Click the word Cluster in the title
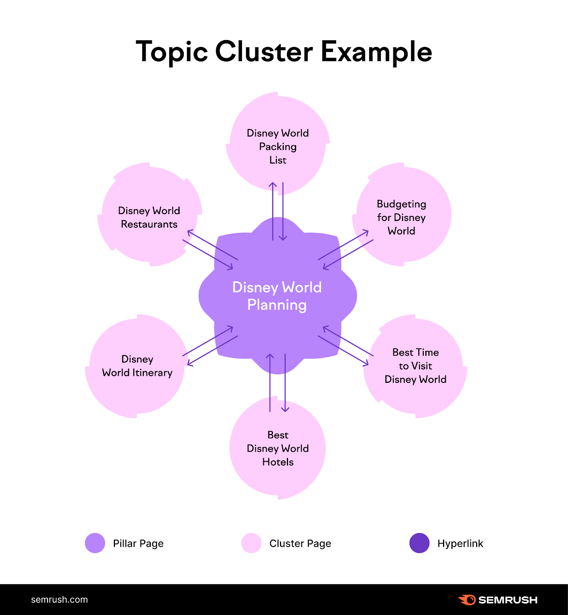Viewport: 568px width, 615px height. click(264, 52)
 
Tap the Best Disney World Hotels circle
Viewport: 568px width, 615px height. click(278, 448)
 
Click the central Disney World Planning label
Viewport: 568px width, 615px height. click(277, 296)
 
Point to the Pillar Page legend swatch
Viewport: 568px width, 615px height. click(95, 543)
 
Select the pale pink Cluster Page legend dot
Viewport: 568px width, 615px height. click(251, 543)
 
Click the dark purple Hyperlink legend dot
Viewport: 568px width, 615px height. click(419, 543)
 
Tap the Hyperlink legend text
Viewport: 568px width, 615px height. click(460, 544)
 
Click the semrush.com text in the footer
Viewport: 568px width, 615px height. click(59, 600)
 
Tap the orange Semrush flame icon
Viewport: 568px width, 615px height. click(467, 600)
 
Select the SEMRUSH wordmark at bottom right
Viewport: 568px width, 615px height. click(508, 600)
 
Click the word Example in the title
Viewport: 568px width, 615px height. click(376, 52)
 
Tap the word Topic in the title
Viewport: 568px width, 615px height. click(172, 52)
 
